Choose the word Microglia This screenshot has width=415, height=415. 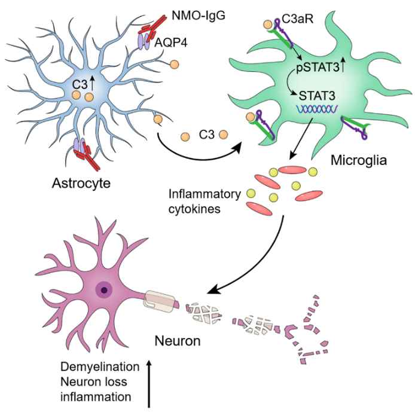[x=357, y=160]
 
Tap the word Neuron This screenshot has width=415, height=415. [x=177, y=341]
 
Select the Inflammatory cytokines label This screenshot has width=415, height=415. [x=205, y=201]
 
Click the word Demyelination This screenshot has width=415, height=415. [x=100, y=366]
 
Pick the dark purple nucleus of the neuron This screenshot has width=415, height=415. [x=105, y=291]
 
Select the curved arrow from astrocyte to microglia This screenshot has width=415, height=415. [x=197, y=154]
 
